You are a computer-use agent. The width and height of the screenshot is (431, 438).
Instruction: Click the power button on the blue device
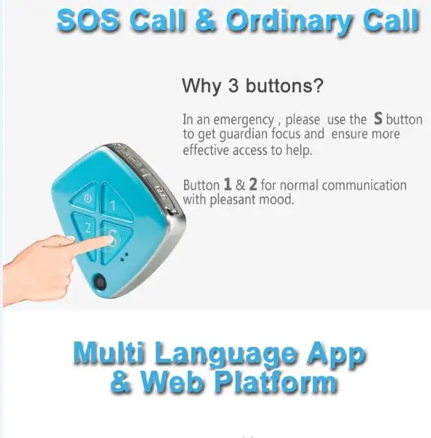click(86, 199)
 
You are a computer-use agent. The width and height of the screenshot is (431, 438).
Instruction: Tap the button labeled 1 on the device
click(114, 204)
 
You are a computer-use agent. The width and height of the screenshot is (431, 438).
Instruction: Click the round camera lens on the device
click(100, 283)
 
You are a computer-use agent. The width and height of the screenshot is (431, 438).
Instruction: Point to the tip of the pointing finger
click(111, 240)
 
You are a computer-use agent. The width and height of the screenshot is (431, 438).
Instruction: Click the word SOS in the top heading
click(88, 21)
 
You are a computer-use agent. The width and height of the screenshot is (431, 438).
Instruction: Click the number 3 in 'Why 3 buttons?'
click(233, 85)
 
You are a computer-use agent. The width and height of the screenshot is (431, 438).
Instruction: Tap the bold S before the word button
click(378, 118)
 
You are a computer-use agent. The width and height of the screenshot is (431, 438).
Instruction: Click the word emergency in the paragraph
click(243, 120)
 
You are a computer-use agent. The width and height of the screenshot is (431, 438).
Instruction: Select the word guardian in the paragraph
click(243, 135)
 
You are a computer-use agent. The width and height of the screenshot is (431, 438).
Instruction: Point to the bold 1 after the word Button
click(227, 184)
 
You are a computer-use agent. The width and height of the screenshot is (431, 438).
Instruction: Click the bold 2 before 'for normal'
click(253, 184)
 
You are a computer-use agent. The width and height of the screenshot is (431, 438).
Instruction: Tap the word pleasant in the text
click(233, 200)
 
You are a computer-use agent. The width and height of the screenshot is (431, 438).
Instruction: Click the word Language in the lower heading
click(225, 354)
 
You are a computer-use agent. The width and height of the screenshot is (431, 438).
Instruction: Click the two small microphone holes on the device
click(124, 257)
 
